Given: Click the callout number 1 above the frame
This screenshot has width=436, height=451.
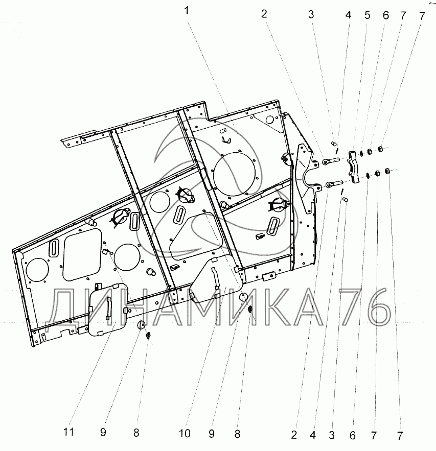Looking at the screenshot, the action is coord(187,11).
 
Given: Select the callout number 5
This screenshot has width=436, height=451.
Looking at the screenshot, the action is coord(367,15).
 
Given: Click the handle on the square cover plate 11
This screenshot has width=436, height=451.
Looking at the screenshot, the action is coord(109,308).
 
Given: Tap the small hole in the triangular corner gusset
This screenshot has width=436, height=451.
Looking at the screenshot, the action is coord(269,119).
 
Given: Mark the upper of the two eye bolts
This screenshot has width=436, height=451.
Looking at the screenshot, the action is coord(331,161).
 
